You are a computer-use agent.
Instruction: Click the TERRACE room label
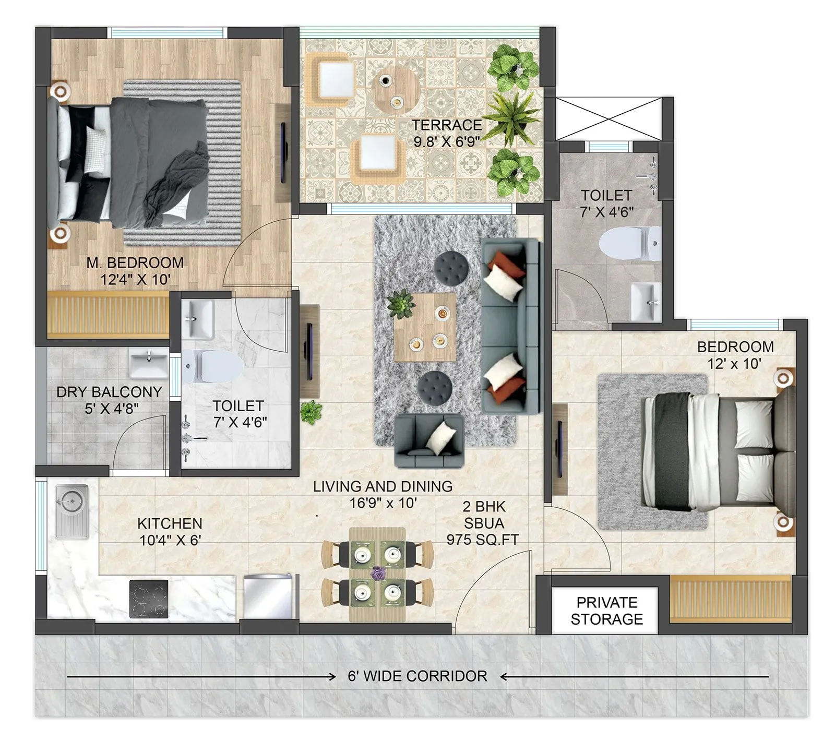coord(447,125)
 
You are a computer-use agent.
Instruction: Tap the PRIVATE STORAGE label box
coord(606,611)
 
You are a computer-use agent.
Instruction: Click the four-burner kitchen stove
coord(149,599)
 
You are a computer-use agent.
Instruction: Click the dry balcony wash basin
coord(149,362)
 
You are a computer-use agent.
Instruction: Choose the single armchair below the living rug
coord(428,440)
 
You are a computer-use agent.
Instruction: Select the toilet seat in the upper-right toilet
coord(629,243)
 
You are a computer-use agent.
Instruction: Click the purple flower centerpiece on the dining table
coord(377,573)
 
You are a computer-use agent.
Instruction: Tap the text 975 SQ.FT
coord(483,540)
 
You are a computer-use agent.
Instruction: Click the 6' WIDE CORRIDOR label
coord(417,676)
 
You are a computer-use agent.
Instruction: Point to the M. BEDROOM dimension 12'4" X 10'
coord(135,279)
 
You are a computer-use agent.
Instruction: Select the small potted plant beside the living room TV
coord(311,412)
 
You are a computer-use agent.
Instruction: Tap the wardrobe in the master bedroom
coord(109,315)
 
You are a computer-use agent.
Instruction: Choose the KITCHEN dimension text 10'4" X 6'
coord(170,540)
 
